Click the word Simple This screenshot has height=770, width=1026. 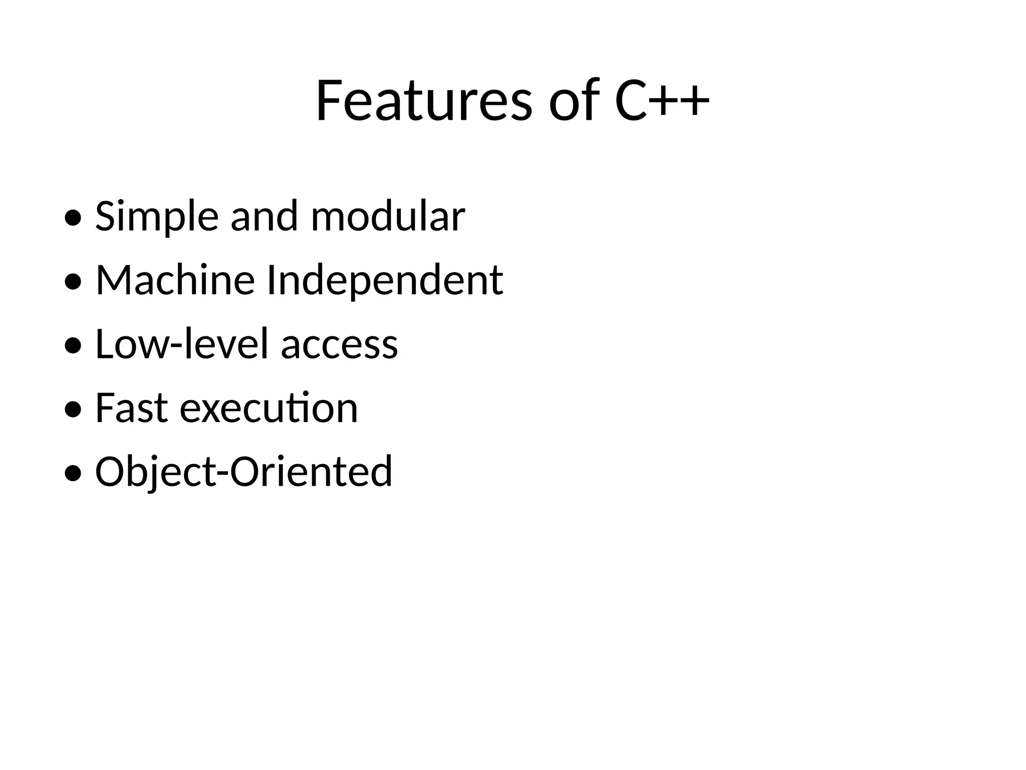(157, 217)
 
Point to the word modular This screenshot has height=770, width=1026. (388, 217)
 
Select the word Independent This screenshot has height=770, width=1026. (385, 281)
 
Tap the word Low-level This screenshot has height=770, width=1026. (183, 344)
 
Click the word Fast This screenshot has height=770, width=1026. (131, 408)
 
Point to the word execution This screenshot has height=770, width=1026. (269, 409)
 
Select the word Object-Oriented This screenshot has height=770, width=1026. (243, 472)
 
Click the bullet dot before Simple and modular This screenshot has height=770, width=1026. (73, 219)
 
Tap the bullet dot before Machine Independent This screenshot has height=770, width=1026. (73, 282)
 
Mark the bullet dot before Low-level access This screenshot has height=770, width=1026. (73, 346)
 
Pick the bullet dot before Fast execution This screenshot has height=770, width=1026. (73, 410)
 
